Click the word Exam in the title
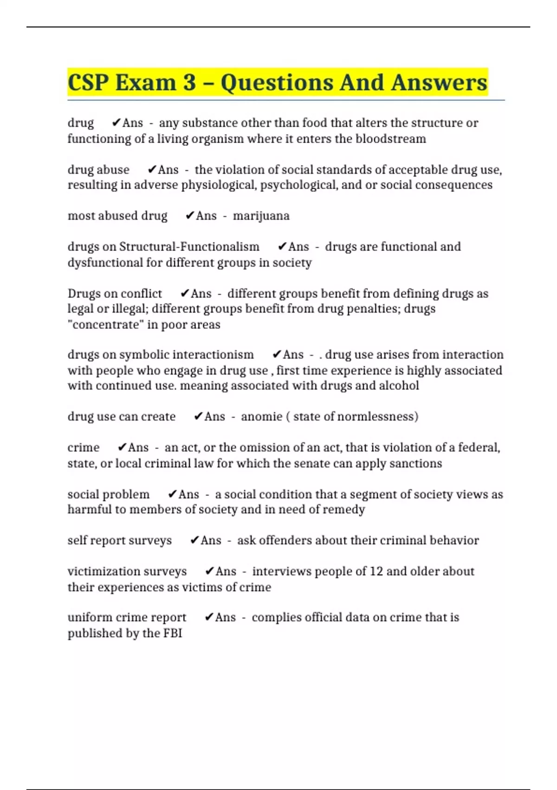tap(146, 83)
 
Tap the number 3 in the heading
tap(189, 83)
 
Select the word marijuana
tap(261, 216)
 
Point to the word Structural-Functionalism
tap(189, 247)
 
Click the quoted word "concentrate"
tap(105, 324)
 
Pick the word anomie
tap(261, 416)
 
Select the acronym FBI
tap(172, 633)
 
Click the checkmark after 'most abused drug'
tap(189, 216)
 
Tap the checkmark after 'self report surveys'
tap(194, 540)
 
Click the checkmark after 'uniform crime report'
tap(209, 618)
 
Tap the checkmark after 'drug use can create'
tap(198, 416)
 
